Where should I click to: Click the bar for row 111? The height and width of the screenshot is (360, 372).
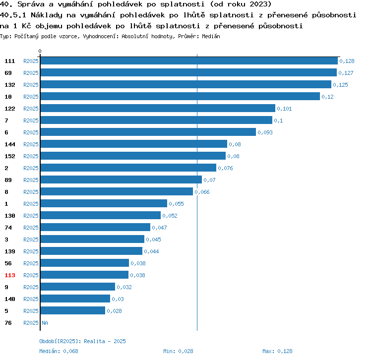188,61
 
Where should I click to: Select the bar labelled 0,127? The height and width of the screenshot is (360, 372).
188,73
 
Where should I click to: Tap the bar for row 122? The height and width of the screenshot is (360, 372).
157,109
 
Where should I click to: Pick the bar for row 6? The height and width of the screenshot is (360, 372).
148,132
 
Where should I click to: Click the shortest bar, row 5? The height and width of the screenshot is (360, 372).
72,311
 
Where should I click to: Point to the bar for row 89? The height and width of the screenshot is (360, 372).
121,180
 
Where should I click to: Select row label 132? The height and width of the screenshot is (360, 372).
9,85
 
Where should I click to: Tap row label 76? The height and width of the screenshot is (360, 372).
8,323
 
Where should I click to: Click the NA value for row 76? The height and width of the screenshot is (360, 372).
45,323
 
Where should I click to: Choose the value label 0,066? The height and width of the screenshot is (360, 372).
202,192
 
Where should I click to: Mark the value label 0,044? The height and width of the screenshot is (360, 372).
151,251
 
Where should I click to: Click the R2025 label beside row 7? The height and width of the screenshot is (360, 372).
31,120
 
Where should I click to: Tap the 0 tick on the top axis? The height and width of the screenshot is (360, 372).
40,51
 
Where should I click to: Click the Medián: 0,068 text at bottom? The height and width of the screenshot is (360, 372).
59,351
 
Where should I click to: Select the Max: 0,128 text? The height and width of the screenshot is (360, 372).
277,351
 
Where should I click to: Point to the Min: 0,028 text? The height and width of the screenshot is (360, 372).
178,351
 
